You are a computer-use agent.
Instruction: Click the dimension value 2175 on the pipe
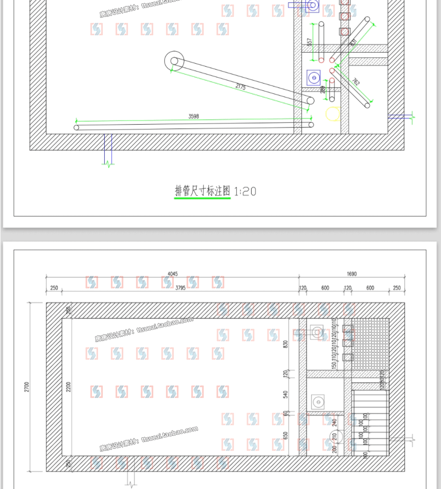click(x=241, y=87)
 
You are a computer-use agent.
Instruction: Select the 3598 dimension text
click(x=193, y=116)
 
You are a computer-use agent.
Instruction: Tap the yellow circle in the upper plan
click(x=332, y=113)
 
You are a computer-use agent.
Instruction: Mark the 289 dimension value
click(x=323, y=89)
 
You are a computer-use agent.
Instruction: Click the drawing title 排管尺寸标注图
click(x=202, y=191)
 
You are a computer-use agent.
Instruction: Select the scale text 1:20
click(x=245, y=191)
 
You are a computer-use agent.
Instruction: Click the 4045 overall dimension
click(x=172, y=274)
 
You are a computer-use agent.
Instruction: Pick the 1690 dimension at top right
click(x=352, y=274)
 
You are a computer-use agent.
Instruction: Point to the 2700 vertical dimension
click(x=27, y=387)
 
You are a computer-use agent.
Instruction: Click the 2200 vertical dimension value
click(x=69, y=387)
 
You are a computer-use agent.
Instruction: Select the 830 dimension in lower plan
click(x=285, y=344)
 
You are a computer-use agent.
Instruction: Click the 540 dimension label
click(x=285, y=394)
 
